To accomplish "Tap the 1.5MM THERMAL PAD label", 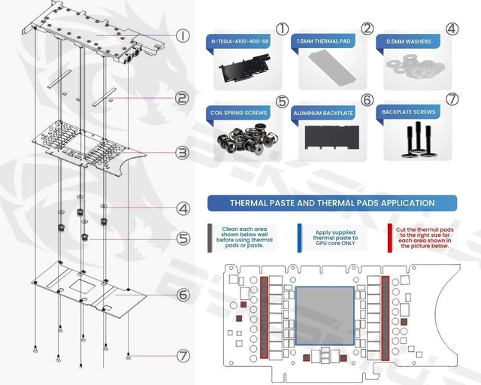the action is pos(323,41).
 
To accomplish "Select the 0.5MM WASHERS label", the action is pos(409,41).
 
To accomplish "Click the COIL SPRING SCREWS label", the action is pos(239,113).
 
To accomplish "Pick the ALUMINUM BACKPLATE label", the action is pos(323,113).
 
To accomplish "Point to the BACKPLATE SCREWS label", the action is pos(409,112).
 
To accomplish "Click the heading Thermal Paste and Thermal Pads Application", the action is pos(332,203).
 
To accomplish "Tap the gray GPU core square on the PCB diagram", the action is pos(325,316).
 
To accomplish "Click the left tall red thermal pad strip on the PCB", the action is pos(264,317).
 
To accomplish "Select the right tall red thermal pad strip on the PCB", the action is pos(386,318).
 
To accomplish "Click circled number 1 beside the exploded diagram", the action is pos(183,35).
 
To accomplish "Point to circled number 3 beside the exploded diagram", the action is pos(182,153).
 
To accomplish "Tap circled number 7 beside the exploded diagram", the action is pos(183,356).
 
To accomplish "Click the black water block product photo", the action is pos(244,68).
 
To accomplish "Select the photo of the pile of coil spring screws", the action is pos(247,139).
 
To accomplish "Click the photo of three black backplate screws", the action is pos(416,139).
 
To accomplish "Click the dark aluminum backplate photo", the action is pos(332,138).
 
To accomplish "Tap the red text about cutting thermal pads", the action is pos(425,238).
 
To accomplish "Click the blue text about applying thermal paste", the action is pos(335,238).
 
